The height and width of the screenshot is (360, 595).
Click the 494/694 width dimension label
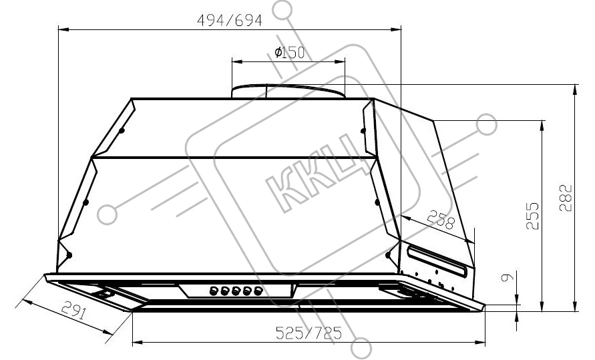click(230, 20)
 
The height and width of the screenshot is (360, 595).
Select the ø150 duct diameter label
click(290, 52)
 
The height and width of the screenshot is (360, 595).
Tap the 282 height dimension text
click(565, 198)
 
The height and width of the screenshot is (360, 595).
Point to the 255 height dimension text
click(532, 216)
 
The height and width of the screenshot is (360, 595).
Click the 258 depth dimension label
click(441, 220)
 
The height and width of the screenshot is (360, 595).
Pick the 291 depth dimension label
click(74, 309)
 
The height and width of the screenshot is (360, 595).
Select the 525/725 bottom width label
click(309, 333)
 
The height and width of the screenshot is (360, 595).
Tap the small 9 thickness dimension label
click(508, 277)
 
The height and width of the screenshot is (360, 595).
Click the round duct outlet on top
click(288, 91)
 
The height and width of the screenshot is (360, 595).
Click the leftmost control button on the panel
click(213, 291)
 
